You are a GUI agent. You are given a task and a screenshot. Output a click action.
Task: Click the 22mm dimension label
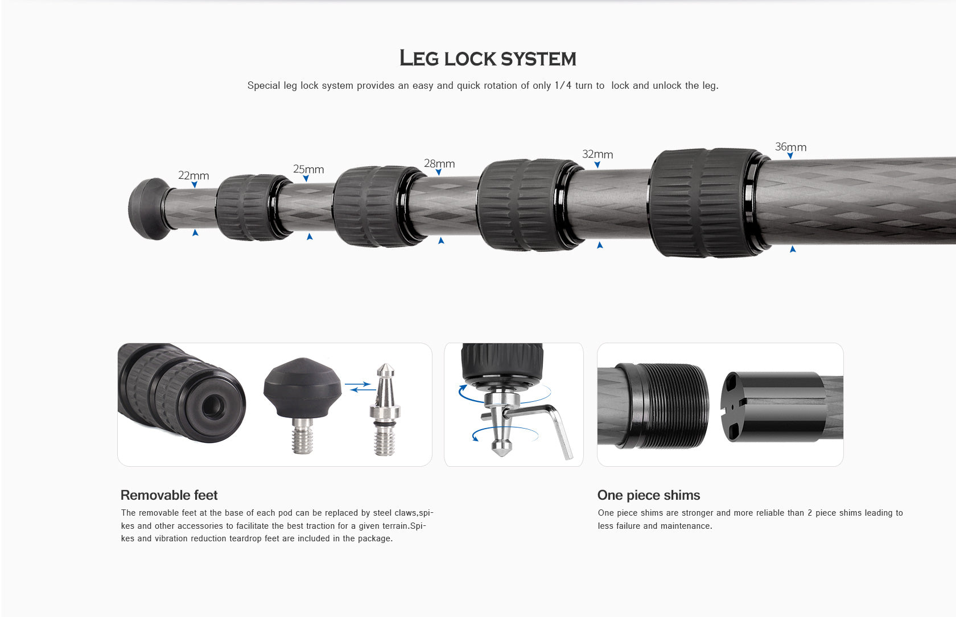tap(193, 175)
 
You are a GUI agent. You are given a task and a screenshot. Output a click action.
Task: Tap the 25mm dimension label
tap(308, 169)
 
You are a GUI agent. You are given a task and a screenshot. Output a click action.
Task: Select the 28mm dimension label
tap(439, 163)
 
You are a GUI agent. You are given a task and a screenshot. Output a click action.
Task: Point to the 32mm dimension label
tap(597, 154)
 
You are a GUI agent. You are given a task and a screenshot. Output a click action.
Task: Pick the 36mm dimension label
tap(790, 147)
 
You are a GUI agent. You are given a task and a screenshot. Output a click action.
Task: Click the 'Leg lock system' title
tap(488, 59)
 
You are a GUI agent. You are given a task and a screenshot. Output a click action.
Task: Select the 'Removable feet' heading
tap(169, 495)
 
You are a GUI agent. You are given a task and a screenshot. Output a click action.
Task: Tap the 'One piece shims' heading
tap(649, 495)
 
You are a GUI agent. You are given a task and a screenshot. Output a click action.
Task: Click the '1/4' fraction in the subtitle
tap(563, 85)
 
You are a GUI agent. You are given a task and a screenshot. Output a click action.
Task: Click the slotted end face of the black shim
tap(735, 407)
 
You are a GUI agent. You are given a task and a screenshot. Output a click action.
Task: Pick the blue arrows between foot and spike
tap(358, 387)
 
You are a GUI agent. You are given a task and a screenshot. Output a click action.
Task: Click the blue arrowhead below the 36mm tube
tap(793, 249)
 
